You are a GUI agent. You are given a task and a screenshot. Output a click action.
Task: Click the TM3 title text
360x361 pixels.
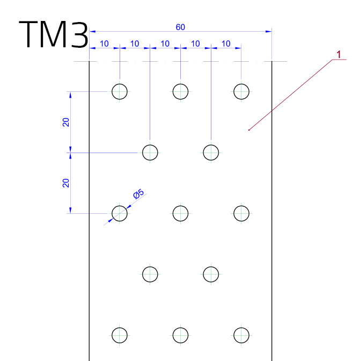(x=54, y=34)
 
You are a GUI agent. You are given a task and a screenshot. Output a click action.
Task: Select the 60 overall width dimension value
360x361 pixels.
(x=180, y=27)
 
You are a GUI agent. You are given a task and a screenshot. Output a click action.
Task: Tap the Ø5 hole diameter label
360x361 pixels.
(x=138, y=194)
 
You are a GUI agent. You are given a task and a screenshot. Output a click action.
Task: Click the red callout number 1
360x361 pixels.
(x=339, y=55)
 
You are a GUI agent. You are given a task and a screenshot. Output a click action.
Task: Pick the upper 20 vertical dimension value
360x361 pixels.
(x=66, y=122)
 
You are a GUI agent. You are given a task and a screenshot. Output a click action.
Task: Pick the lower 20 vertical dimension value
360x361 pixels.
(x=66, y=183)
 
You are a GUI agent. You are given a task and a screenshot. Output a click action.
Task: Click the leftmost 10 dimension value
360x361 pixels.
(x=104, y=44)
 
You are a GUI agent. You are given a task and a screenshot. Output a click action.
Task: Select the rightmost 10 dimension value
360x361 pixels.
(x=226, y=44)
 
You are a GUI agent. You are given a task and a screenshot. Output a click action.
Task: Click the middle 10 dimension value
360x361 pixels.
(x=165, y=44)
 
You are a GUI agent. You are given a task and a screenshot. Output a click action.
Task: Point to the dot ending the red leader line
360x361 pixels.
(x=249, y=130)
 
